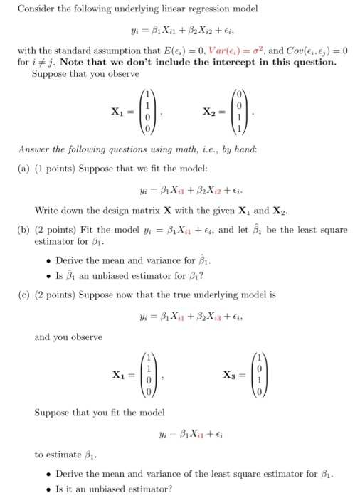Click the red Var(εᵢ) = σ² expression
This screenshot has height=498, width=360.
(224, 50)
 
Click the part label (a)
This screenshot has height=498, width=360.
(24, 171)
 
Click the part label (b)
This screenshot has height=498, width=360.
(24, 230)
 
